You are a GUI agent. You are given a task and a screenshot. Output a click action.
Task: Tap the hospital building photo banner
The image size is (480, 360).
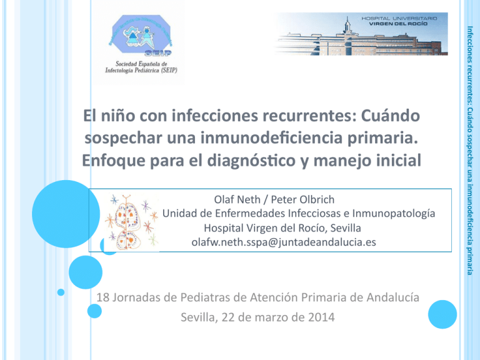[x=362, y=34]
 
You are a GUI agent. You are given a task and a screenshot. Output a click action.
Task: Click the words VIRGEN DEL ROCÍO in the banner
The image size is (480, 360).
[x=398, y=24]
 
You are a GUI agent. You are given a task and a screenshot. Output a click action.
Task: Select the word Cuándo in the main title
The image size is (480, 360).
[x=390, y=116]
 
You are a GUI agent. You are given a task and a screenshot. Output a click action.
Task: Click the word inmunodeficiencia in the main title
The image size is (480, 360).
[x=271, y=138]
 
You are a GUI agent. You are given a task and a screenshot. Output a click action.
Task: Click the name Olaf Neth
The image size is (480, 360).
[x=237, y=199]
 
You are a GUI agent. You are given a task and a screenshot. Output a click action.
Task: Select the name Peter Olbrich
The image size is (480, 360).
[x=302, y=199]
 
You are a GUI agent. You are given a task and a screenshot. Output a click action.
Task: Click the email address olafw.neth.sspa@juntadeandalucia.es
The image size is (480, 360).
[x=284, y=242]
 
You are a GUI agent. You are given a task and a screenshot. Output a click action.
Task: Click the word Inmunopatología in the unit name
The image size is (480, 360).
[x=394, y=214]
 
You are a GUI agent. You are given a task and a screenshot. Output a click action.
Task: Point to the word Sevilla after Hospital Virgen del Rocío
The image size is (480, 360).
[x=346, y=228]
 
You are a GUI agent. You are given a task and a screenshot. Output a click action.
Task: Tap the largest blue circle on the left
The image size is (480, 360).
[x=66, y=214]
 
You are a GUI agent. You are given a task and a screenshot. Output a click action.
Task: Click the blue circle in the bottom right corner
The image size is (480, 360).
[x=442, y=314]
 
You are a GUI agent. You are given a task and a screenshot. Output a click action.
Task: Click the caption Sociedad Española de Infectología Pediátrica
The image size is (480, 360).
[x=141, y=67]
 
